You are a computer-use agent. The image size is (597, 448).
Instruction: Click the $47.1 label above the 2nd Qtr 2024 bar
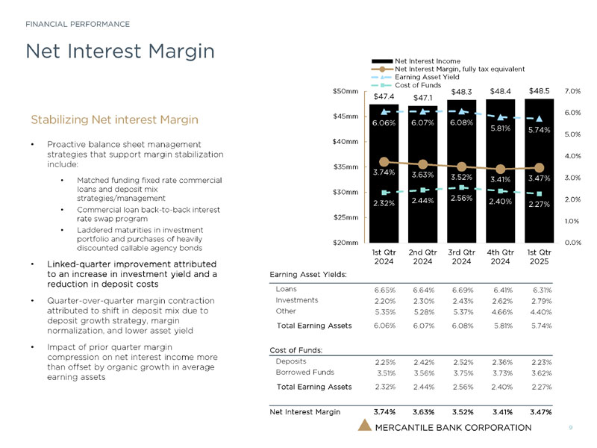[x=423, y=97]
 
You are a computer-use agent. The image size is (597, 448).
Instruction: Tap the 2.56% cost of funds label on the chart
[x=462, y=199]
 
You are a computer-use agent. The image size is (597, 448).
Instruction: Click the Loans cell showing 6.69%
[x=461, y=289]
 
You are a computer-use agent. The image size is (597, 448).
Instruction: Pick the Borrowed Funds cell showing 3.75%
[x=461, y=372]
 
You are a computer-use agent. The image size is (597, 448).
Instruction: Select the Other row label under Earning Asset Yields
[x=286, y=311]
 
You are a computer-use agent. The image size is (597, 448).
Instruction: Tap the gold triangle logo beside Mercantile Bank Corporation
[x=364, y=426]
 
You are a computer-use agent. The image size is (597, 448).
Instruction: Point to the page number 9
[x=570, y=428]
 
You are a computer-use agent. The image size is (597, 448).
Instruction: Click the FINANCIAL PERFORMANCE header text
[x=78, y=24]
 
